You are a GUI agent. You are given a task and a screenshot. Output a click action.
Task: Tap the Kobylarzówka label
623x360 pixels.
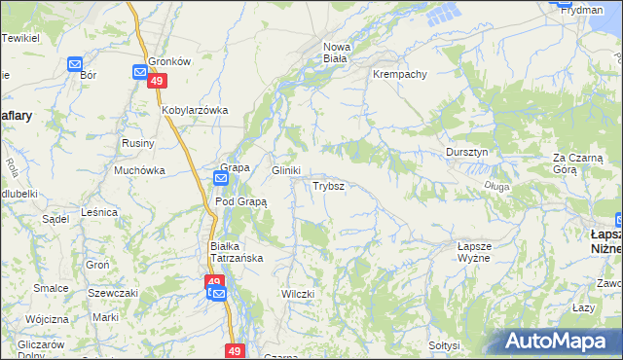point(195,110)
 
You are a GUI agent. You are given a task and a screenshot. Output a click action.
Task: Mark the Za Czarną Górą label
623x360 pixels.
point(578,162)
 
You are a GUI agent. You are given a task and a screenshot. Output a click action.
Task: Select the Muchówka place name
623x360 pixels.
point(139,169)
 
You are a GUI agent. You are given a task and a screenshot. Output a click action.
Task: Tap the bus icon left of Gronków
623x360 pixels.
point(139,71)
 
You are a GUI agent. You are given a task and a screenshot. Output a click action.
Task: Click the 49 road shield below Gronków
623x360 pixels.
point(156,83)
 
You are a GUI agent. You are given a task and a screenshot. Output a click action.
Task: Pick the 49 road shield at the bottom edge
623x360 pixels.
point(234,350)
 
